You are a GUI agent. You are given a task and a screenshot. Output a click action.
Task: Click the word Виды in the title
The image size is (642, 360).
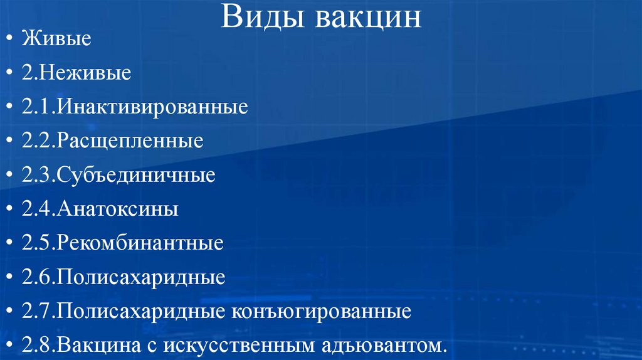(259, 17)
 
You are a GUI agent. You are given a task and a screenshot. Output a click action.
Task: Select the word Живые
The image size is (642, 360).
(57, 40)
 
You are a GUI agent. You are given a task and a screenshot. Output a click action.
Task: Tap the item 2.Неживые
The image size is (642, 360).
(76, 73)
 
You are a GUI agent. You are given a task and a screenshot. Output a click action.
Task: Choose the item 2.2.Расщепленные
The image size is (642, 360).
(113, 141)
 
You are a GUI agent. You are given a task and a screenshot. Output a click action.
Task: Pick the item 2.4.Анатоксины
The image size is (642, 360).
(100, 209)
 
